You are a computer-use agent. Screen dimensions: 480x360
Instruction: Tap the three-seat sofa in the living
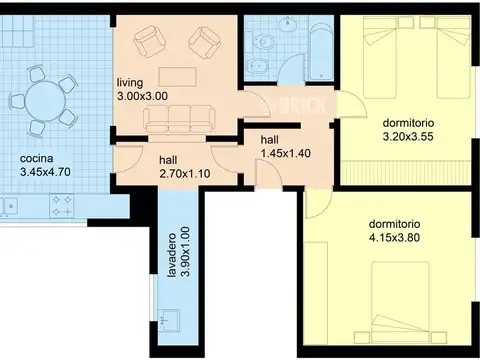click(x=179, y=118)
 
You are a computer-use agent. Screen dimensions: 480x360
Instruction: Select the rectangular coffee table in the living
click(x=177, y=77)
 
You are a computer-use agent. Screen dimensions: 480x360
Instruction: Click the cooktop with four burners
click(x=62, y=205)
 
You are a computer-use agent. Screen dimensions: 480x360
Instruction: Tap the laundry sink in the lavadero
click(x=169, y=320)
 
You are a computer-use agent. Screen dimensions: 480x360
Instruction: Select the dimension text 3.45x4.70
click(x=45, y=172)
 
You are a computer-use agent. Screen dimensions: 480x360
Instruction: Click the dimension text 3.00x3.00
click(x=142, y=96)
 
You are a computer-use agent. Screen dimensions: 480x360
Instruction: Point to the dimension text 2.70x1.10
click(x=185, y=174)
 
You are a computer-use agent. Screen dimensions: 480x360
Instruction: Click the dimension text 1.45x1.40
click(x=286, y=153)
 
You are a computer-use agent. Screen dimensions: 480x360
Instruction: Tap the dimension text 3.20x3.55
click(x=408, y=137)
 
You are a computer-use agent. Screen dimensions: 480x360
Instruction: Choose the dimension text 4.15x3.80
click(x=394, y=238)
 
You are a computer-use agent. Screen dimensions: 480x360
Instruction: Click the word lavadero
click(x=172, y=255)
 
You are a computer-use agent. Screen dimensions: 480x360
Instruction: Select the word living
click(x=130, y=82)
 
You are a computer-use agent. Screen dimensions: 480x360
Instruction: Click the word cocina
click(x=37, y=158)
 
